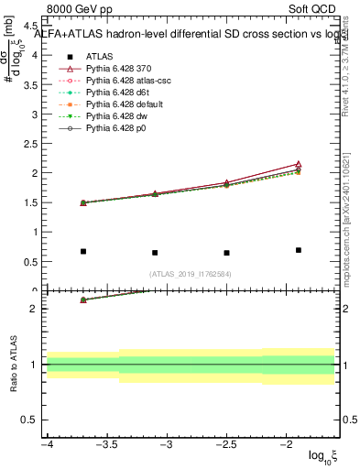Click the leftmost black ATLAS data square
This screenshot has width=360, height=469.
(83, 251)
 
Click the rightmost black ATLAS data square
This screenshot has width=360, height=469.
(299, 250)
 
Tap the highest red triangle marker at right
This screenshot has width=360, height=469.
(299, 164)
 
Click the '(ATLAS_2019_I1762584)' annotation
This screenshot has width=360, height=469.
(191, 273)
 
